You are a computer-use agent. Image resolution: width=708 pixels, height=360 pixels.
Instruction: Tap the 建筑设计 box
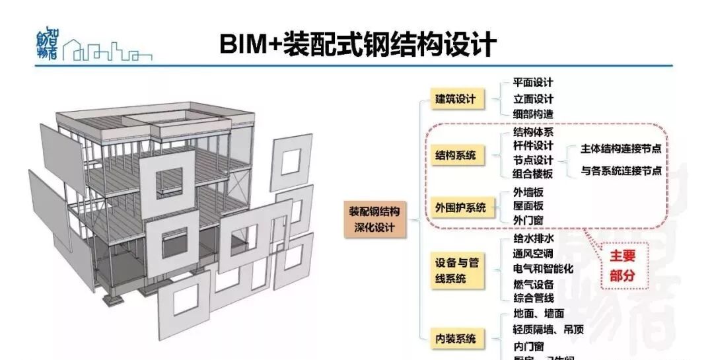click(x=456, y=99)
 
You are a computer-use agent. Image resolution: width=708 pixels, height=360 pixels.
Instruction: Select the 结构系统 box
click(x=455, y=157)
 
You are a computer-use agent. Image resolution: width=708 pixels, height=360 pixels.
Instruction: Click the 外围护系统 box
click(x=460, y=207)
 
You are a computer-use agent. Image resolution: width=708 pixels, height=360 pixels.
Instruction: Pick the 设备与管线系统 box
click(x=457, y=271)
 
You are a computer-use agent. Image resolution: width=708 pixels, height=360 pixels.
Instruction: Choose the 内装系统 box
click(x=456, y=339)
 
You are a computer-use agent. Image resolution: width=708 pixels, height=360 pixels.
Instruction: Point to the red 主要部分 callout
click(x=621, y=266)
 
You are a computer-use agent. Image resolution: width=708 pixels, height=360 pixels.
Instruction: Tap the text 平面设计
click(x=533, y=83)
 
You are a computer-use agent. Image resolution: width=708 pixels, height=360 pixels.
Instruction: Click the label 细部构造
click(x=533, y=114)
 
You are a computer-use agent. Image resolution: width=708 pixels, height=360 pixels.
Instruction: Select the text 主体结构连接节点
click(x=621, y=149)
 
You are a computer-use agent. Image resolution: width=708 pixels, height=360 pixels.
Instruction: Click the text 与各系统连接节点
click(x=621, y=170)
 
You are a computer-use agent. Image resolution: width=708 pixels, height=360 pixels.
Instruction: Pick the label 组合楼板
click(x=533, y=174)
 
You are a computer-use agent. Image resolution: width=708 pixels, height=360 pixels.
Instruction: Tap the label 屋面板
click(x=528, y=205)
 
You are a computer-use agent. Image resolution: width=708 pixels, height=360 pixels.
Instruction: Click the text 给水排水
click(x=533, y=238)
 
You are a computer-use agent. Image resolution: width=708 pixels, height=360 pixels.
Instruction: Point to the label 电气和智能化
click(x=543, y=269)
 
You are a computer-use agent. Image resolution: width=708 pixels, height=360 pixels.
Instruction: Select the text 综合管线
click(x=533, y=299)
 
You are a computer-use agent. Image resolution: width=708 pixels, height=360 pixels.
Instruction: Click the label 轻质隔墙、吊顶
click(x=548, y=330)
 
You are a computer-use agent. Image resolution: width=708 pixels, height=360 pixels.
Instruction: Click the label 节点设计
click(x=533, y=160)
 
